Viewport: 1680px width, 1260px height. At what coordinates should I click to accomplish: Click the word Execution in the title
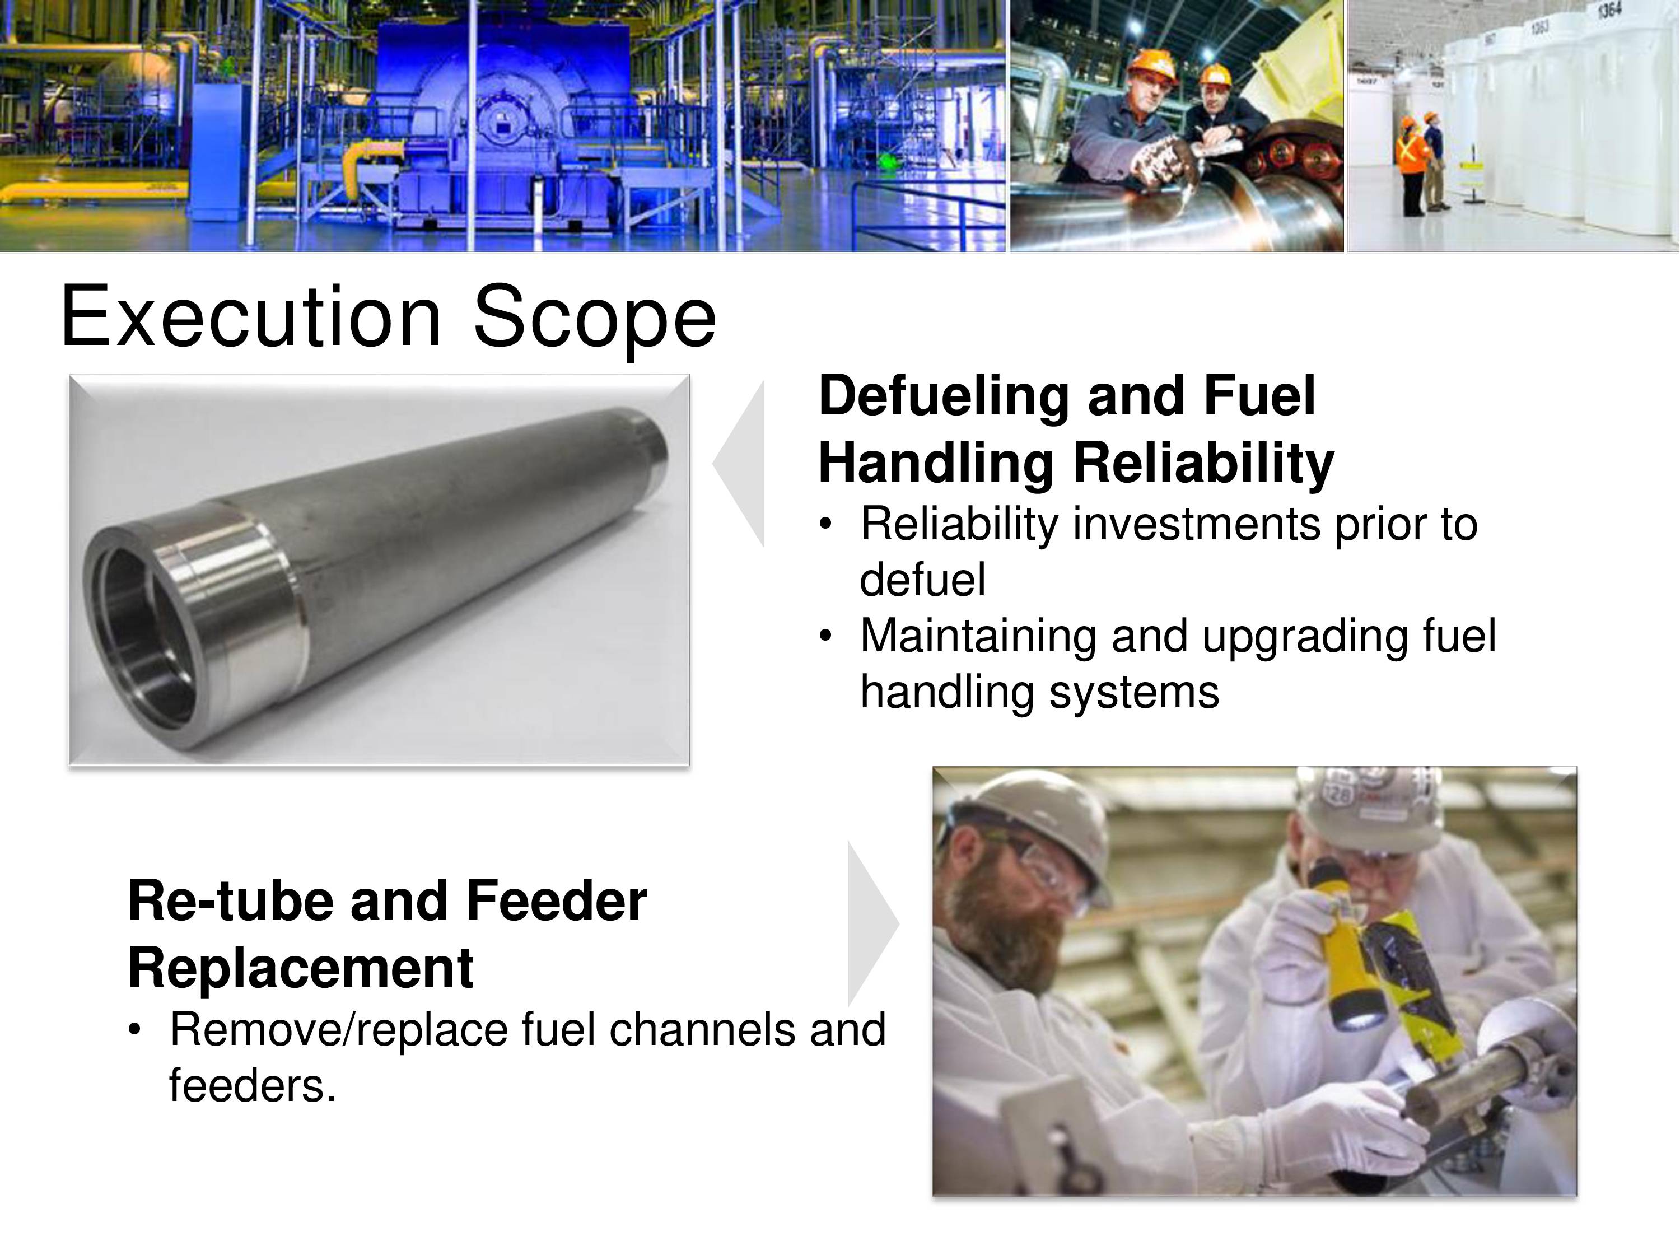pyautogui.click(x=251, y=315)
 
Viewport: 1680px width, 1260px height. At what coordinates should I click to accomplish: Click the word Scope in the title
pyautogui.click(x=595, y=319)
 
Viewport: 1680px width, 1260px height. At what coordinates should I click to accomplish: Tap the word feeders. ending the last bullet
pyautogui.click(x=252, y=1085)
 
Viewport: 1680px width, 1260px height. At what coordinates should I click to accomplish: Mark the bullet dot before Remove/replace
pyautogui.click(x=135, y=1030)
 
